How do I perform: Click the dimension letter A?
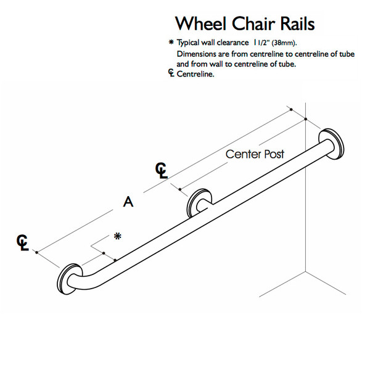point(128,202)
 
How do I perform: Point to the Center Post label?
point(255,154)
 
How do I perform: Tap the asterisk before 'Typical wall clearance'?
point(170,43)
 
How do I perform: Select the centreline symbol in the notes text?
point(171,74)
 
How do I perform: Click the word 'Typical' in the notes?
point(189,43)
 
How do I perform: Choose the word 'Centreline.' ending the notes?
point(196,74)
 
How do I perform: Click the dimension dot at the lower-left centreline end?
point(38,252)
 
